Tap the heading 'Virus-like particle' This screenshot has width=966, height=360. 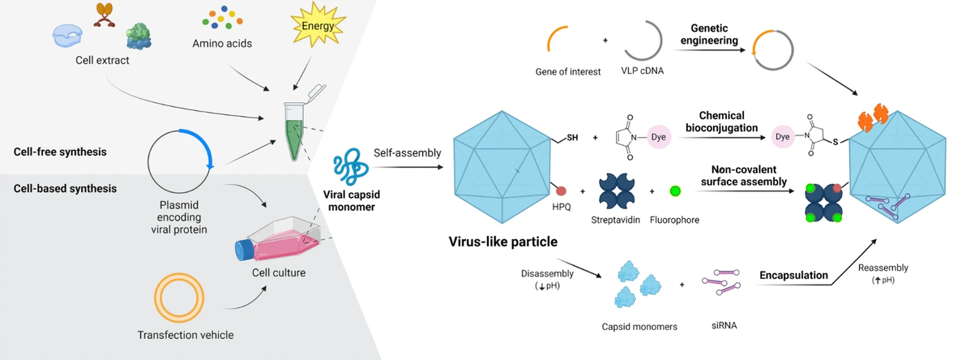505,241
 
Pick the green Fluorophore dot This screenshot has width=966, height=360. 676,191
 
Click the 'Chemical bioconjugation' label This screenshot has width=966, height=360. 721,122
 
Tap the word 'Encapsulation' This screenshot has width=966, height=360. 793,276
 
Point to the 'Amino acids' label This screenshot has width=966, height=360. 223,43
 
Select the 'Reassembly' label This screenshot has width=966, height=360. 883,268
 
